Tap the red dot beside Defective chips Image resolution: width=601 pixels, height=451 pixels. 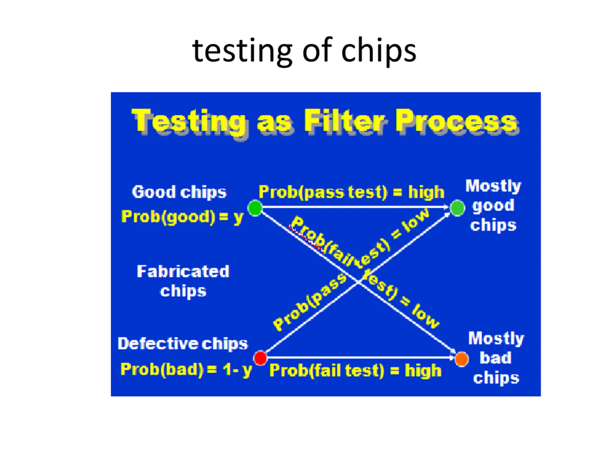coord(260,358)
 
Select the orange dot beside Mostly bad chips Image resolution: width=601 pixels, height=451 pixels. coord(462,359)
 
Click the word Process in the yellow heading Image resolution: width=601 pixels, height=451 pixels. coord(456,121)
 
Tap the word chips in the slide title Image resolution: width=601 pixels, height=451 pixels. coord(378,51)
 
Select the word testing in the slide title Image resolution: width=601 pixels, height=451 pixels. coord(242,51)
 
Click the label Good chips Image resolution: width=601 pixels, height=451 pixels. coord(179,192)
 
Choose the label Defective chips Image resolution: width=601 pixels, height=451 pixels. coord(183,343)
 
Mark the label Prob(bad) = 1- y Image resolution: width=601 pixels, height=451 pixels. coord(186,369)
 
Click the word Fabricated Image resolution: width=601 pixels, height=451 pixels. coord(183,271)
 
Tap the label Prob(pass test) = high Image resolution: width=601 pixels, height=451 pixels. coord(351,192)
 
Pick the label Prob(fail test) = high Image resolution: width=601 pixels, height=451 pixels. coord(355,370)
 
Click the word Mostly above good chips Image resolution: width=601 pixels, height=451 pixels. coord(493,186)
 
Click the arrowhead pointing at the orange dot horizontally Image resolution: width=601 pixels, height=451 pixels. coord(452,358)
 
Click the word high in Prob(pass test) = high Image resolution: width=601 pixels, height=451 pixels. coord(426,192)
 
